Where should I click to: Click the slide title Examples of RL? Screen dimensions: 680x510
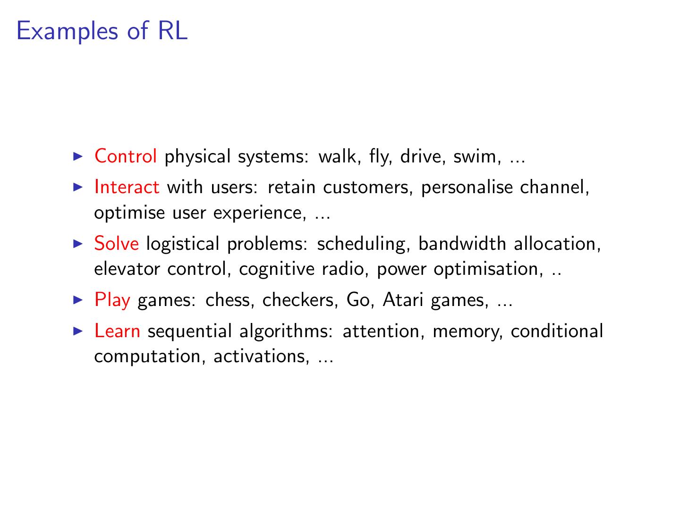tap(102, 32)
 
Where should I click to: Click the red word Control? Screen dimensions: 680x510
tap(126, 156)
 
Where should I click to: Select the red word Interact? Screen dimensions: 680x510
tap(127, 187)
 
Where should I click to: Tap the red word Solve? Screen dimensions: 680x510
tap(117, 244)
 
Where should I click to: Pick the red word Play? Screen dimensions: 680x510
tap(112, 300)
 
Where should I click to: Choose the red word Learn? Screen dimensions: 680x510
tap(117, 331)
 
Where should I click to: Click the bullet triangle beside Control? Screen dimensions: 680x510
tap(78, 156)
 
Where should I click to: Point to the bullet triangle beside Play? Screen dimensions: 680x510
tap(78, 299)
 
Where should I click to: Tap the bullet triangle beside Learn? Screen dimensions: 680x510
tap(78, 331)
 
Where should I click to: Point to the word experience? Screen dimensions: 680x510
tap(256, 213)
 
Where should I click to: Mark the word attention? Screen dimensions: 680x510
tap(380, 331)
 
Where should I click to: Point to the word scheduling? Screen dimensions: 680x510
tap(361, 244)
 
